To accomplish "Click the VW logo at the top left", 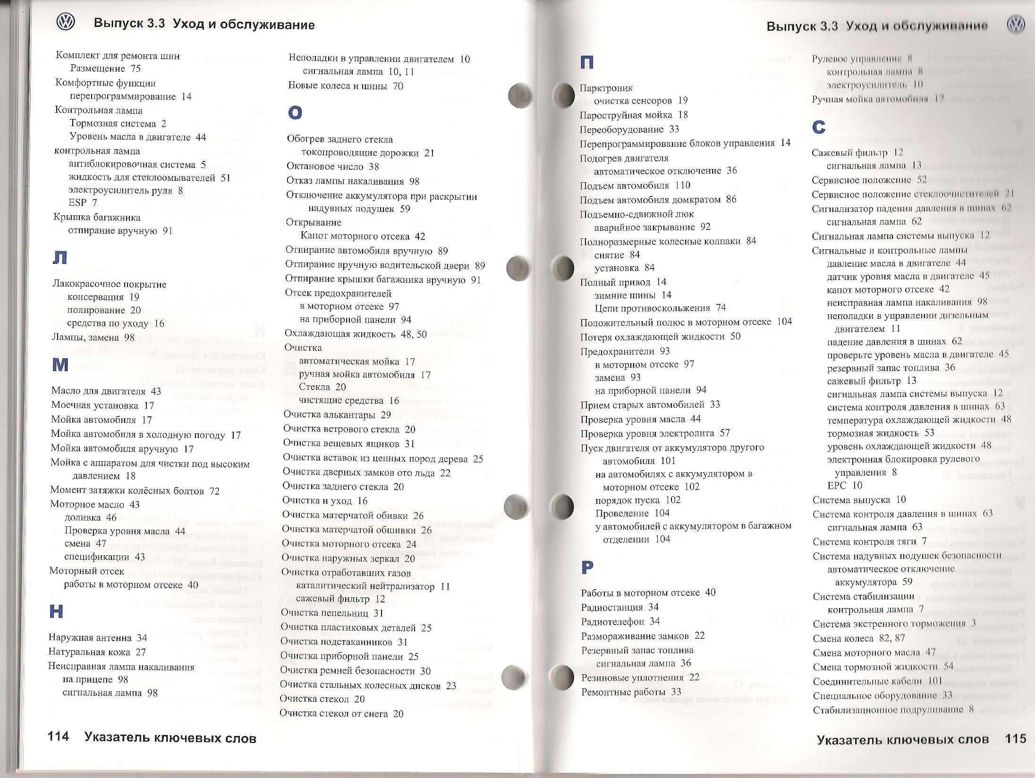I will pyautogui.click(x=66, y=22).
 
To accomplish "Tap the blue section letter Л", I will pyautogui.click(x=60, y=257).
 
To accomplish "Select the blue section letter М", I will pyautogui.click(x=60, y=364).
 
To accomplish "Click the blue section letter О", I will pyautogui.click(x=295, y=112).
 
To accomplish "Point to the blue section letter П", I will pyautogui.click(x=587, y=62).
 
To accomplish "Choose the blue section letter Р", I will pyautogui.click(x=587, y=567).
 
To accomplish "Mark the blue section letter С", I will pyautogui.click(x=819, y=127).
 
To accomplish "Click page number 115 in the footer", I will pyautogui.click(x=1015, y=739).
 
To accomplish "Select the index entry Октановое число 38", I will pyautogui.click(x=333, y=167).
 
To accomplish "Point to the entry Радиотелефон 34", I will pyautogui.click(x=620, y=621).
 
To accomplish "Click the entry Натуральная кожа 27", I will pyautogui.click(x=97, y=652).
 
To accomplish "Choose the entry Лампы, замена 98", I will pyautogui.click(x=93, y=338).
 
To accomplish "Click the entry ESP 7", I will pyautogui.click(x=83, y=203).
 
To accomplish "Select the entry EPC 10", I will pyautogui.click(x=845, y=485).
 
